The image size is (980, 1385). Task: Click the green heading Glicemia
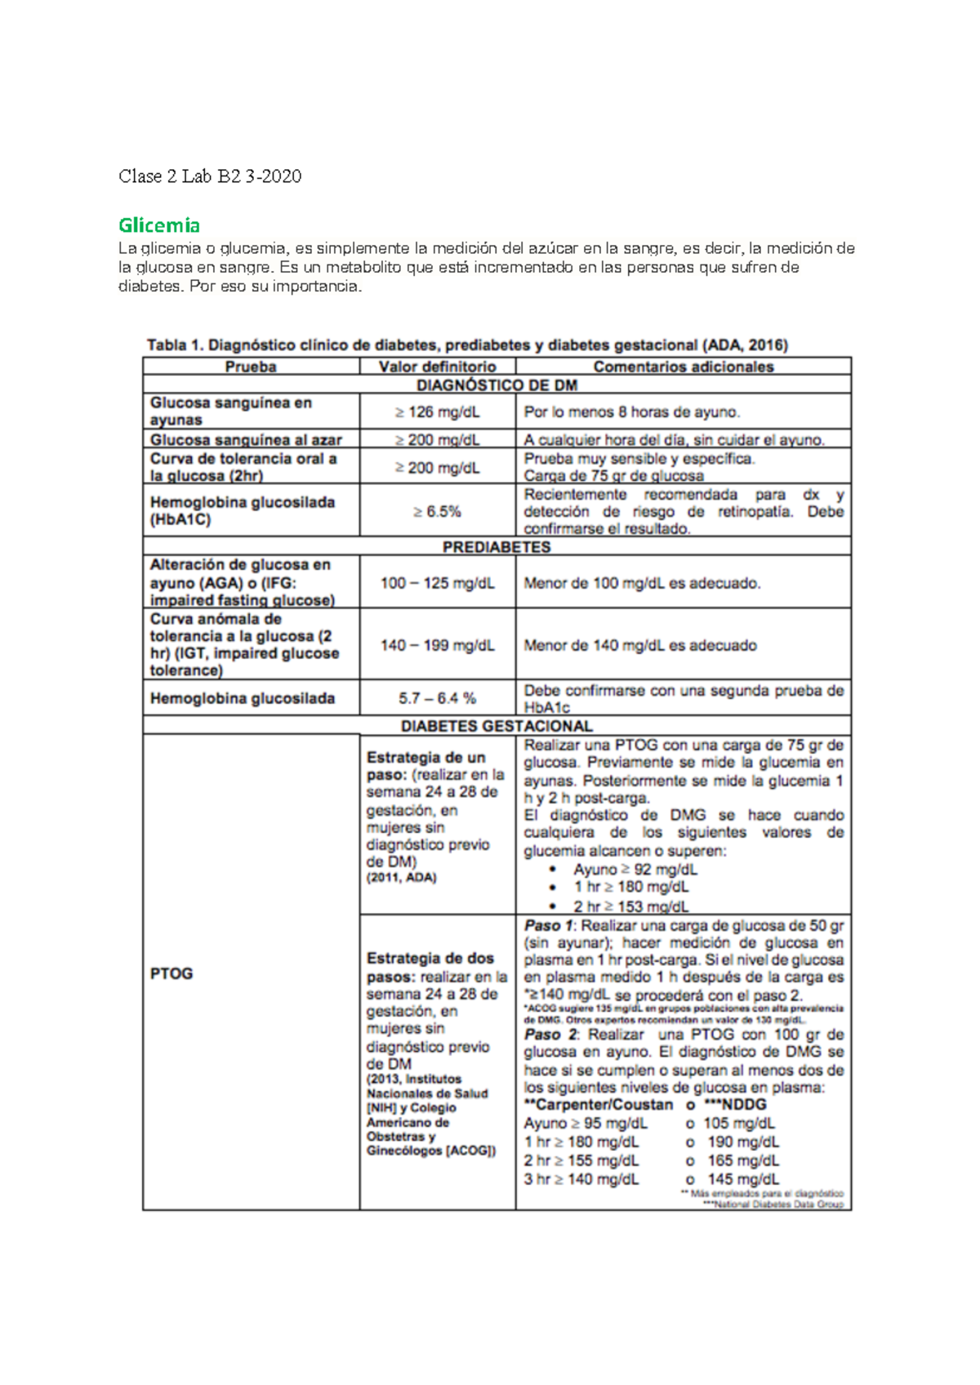159,225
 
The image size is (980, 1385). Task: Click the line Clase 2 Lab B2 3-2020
210,176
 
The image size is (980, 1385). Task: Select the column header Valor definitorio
437,367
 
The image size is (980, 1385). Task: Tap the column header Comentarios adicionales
683,367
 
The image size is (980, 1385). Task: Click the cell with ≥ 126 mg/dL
437,412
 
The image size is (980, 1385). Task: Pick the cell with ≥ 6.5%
437,512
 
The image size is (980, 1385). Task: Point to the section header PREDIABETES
497,547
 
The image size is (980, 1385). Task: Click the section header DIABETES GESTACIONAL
497,726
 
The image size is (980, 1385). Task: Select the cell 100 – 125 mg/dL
437,583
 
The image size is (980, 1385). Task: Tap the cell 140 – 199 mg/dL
437,645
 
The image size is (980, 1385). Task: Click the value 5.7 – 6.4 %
437,698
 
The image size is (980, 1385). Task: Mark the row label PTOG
171,973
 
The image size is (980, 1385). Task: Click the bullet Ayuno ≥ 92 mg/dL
635,870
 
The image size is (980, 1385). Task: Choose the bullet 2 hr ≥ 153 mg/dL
630,906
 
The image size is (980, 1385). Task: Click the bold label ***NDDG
734,1105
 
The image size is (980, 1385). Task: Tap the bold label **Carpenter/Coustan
599,1105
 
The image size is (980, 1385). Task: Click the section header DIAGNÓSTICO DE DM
497,385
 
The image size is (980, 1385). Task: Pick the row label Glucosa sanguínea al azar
246,439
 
